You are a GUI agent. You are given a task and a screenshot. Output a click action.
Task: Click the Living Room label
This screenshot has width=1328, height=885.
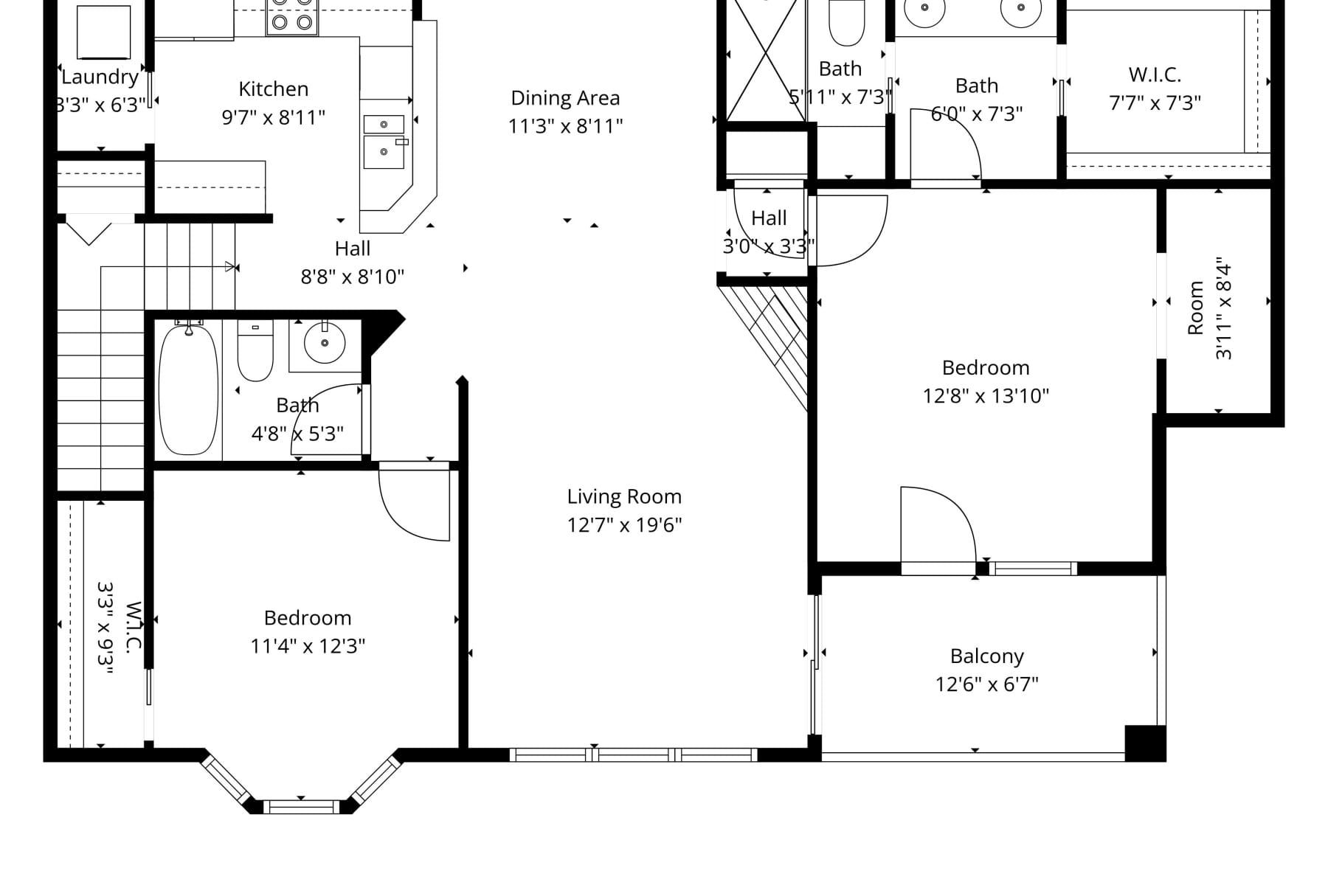pos(624,496)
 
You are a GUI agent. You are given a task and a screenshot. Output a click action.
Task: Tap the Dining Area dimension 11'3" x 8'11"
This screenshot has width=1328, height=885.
pos(565,126)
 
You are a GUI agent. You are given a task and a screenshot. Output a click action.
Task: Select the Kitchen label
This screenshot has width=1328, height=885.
pos(273,89)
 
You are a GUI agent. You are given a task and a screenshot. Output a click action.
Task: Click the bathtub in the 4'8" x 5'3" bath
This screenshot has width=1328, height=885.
pos(189,389)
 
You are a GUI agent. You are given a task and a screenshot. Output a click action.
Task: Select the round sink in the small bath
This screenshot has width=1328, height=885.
pos(325,342)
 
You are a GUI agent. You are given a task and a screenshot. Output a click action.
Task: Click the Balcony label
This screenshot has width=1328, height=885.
pos(986,656)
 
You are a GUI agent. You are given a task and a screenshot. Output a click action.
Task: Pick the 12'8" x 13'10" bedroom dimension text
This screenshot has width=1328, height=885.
pos(986,396)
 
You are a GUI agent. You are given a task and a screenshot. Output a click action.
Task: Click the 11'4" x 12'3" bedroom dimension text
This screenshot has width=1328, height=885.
pos(308,646)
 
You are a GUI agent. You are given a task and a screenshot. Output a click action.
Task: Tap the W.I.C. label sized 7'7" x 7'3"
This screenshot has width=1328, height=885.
pos(1155,74)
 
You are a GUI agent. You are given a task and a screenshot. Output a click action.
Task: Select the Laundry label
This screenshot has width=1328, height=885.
pos(100,77)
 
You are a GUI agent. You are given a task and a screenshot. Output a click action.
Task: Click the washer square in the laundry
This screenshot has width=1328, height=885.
pos(104,32)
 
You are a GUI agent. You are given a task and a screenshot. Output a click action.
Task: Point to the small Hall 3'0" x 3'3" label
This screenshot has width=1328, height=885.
pos(769,218)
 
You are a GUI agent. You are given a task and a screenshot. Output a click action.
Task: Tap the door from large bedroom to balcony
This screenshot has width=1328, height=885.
pos(937,527)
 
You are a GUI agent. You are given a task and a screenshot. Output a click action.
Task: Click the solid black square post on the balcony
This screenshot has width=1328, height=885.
pos(1145,743)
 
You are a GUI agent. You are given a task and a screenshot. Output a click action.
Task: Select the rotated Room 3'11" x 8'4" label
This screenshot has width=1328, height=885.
pos(1196,308)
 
